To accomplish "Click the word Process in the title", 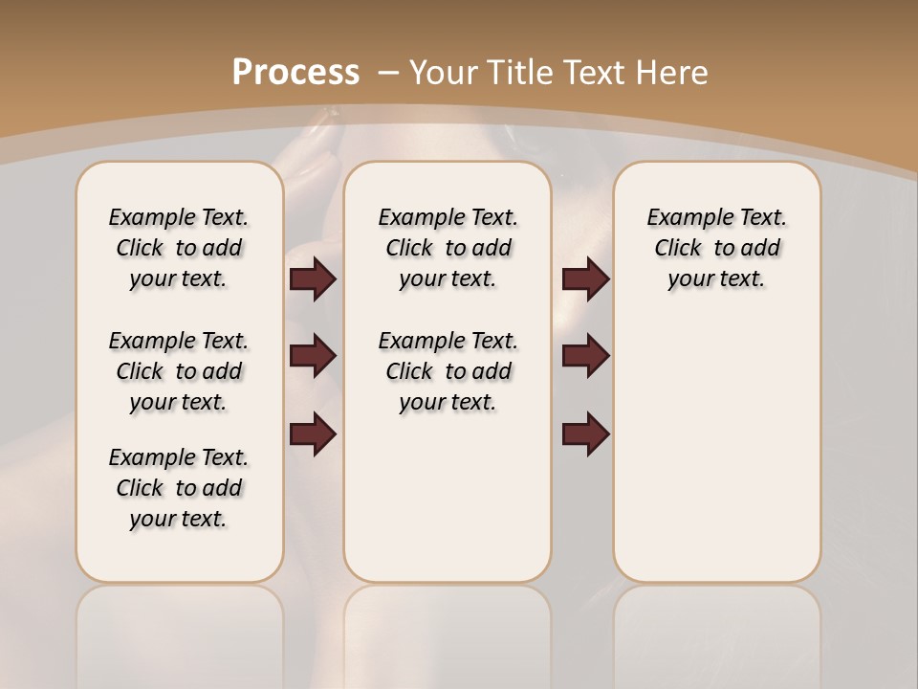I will [295, 73].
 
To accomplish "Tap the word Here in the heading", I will [671, 73].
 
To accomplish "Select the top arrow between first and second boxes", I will [313, 278].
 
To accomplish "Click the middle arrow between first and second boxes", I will [313, 356].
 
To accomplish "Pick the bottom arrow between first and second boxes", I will [313, 433].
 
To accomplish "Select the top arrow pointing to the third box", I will [586, 278].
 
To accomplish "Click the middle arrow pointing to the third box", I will [586, 356].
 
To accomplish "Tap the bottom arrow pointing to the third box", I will [586, 433].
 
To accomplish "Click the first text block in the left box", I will [179, 248].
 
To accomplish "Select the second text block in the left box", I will [179, 371].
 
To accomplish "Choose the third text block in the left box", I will [179, 488].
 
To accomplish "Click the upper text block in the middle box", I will [448, 248].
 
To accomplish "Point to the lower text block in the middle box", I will [448, 371].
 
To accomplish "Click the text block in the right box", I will [717, 248].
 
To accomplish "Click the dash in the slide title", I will [389, 73].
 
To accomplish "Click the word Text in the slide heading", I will [593, 73].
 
